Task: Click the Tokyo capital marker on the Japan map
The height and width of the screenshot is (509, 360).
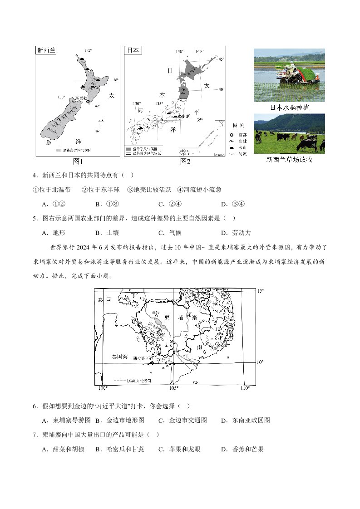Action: (x=180, y=117)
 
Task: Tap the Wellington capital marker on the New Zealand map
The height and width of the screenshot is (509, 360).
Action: (x=88, y=102)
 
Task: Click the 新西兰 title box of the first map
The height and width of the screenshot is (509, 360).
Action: (x=46, y=50)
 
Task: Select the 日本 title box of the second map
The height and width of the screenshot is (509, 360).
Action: (x=133, y=50)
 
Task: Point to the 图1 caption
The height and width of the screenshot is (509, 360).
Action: (x=78, y=162)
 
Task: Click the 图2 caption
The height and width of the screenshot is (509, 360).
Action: (x=185, y=162)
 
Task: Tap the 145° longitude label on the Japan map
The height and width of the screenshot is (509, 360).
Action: (x=199, y=51)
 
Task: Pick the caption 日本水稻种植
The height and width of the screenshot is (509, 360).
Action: (x=289, y=108)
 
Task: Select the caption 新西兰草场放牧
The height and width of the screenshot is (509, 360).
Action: (x=289, y=160)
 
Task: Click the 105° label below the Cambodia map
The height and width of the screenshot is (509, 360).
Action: (x=174, y=388)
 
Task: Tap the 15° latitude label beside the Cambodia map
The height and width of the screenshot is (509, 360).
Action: (x=260, y=290)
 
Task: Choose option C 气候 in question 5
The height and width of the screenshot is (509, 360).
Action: (x=170, y=233)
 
